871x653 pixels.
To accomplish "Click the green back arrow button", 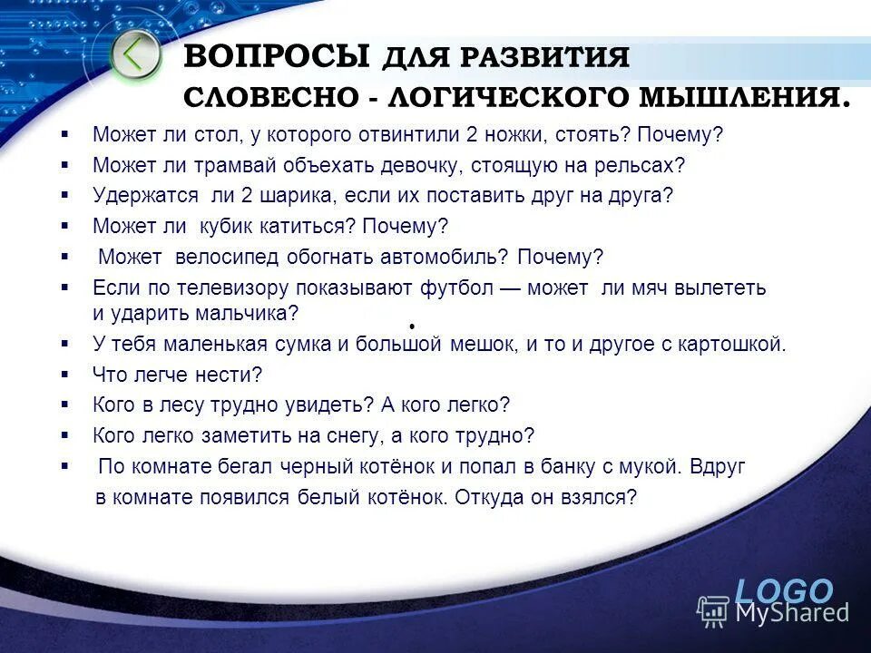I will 135,55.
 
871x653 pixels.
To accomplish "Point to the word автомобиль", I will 436,257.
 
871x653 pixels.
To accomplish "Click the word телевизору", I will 223,288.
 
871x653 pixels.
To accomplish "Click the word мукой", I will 650,467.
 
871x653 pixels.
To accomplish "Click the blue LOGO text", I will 783,590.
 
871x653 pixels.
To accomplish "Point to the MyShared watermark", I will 775,612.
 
